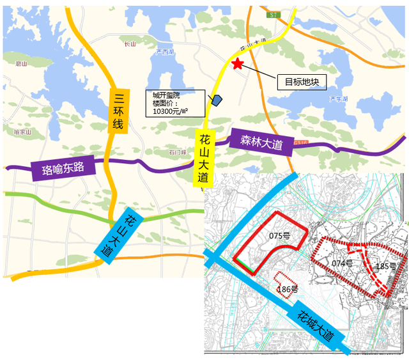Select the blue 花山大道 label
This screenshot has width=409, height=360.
[115, 233]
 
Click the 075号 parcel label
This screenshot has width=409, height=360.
[279, 236]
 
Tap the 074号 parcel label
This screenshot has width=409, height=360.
[343, 263]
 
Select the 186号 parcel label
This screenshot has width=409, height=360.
[288, 289]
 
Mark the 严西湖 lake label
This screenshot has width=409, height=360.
[165, 52]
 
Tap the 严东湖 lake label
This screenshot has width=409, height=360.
[337, 99]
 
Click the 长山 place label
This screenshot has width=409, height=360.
[130, 43]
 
